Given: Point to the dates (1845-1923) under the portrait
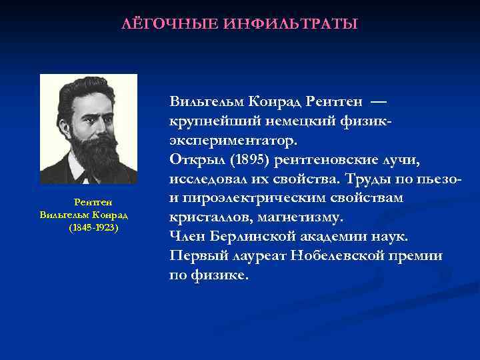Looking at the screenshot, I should pos(93,227).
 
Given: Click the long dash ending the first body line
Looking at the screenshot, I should pos(378,102).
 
